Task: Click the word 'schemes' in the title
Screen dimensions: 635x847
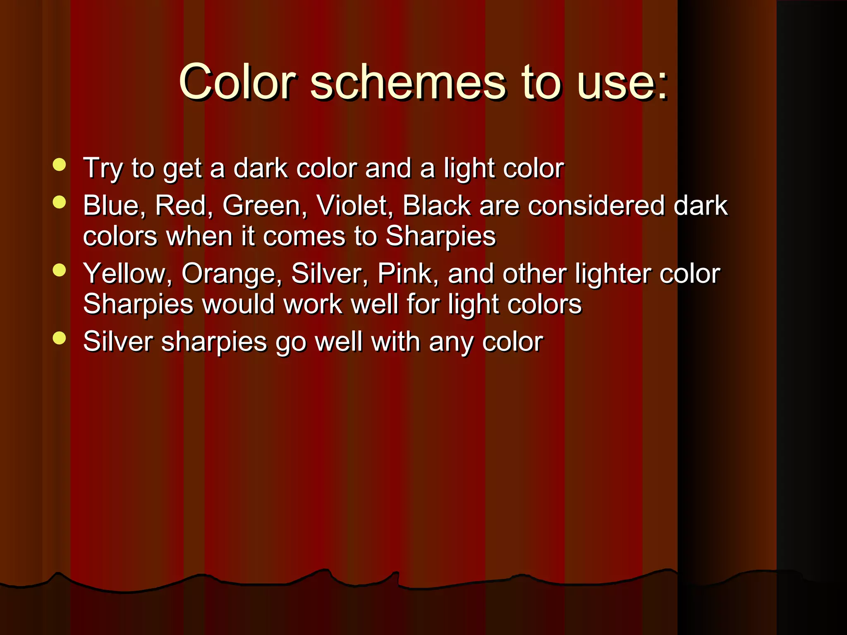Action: pos(407,82)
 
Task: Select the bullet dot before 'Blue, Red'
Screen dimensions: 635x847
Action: pos(60,202)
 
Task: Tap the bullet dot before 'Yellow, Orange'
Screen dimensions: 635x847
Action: pos(60,270)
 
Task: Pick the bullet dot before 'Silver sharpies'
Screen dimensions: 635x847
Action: pos(60,338)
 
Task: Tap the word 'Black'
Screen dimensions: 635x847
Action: pos(436,205)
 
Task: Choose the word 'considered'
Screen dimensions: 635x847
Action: pos(596,205)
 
